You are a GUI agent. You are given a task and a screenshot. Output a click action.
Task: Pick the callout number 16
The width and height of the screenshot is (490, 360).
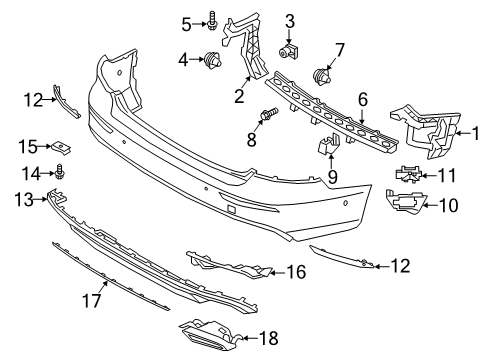(295, 271)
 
